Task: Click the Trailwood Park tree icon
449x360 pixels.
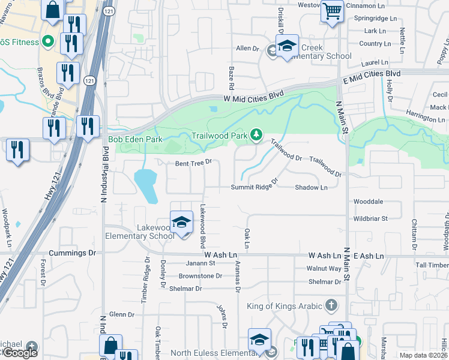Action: coord(256,134)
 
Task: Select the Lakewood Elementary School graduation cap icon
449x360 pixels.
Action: coord(181,223)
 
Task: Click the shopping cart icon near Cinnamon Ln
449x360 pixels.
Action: coord(331,10)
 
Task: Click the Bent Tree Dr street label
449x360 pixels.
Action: coord(194,163)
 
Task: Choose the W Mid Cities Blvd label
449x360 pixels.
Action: coord(253,96)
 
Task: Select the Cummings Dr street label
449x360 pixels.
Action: coord(73,253)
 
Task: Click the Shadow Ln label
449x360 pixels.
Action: coord(311,187)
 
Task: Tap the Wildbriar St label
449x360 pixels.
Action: coord(371,218)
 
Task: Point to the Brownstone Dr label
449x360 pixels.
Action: coord(200,276)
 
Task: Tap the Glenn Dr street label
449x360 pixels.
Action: coord(122,314)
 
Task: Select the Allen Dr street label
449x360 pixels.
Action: coord(247,48)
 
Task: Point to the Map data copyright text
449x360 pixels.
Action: coord(423,355)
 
